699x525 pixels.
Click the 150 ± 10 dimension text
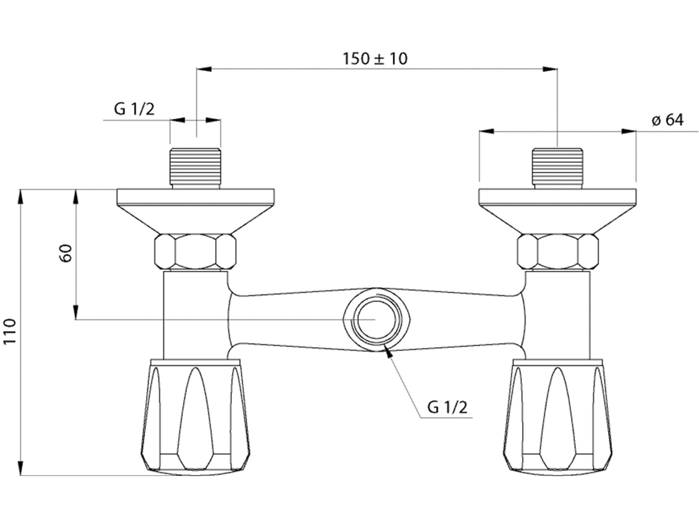(375, 59)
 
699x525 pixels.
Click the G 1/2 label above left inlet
(134, 109)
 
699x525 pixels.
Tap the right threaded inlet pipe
(557, 168)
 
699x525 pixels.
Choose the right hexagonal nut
(558, 252)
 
